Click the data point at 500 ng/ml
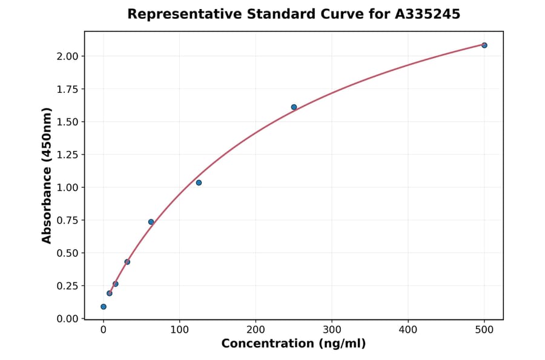(484, 45)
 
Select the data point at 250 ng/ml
(294, 107)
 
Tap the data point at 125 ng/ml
(199, 182)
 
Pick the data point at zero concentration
(104, 307)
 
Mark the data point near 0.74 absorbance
(151, 222)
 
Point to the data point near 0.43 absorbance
(127, 262)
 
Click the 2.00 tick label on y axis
(68, 56)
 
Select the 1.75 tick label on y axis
(68, 89)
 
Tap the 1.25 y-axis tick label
(68, 155)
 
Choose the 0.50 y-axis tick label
(68, 253)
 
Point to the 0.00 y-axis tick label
(68, 318)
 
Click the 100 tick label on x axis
(179, 330)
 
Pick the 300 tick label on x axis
(332, 330)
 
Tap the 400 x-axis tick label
(408, 330)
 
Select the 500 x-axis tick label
(484, 330)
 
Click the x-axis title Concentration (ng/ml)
(294, 344)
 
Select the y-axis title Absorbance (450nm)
(47, 175)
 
